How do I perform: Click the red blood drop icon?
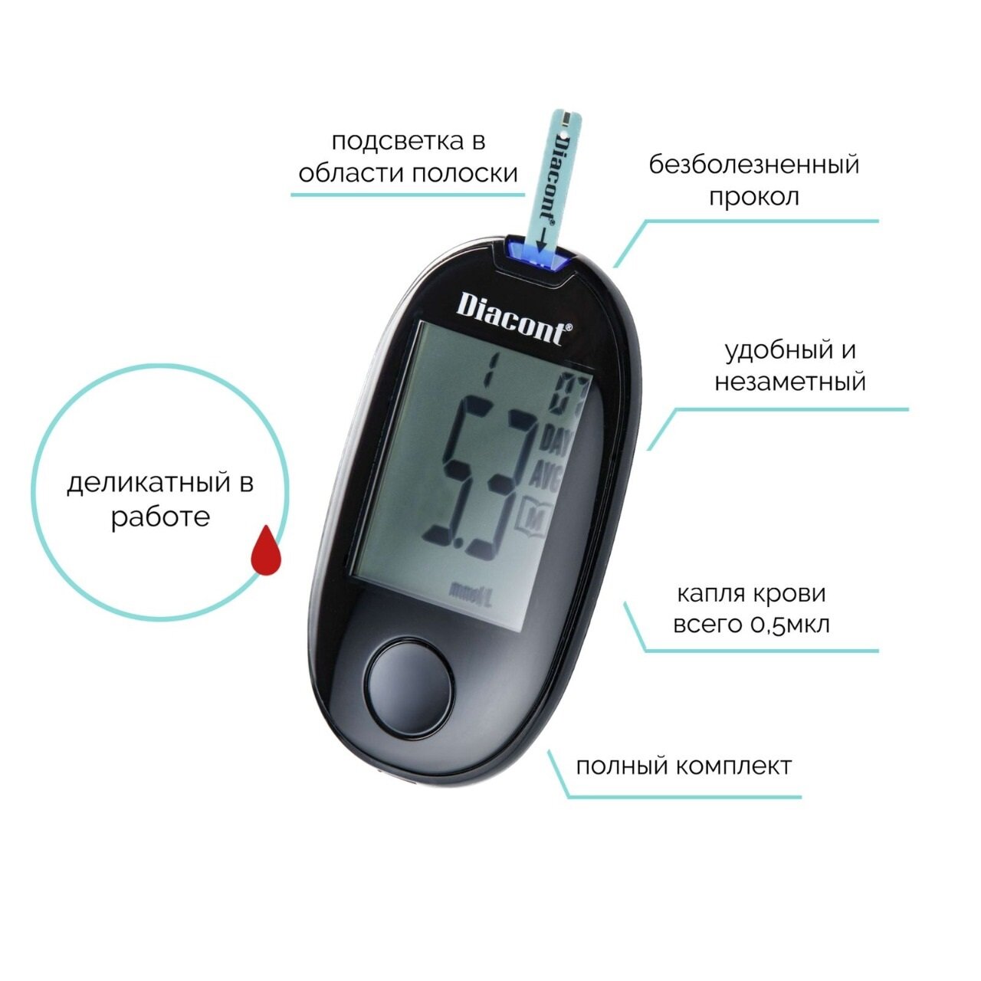[x=266, y=550]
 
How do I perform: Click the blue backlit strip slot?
[x=540, y=255]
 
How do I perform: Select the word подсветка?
[x=389, y=142]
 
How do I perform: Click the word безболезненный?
[x=754, y=166]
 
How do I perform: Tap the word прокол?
[x=754, y=197]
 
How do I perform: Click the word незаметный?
[x=790, y=382]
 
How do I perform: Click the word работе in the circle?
[x=160, y=517]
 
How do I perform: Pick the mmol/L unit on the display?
[x=470, y=593]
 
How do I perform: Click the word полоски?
[x=465, y=174]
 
